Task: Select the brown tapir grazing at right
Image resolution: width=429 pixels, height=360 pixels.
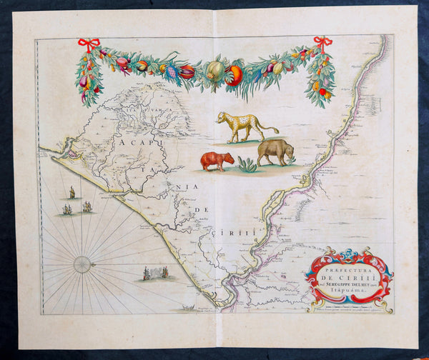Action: coord(275,151)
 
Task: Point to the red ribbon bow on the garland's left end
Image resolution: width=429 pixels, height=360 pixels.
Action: coord(89,44)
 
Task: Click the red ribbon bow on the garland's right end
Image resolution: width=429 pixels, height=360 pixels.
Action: coord(322,43)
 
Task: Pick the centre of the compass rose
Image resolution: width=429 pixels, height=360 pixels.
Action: coord(82,264)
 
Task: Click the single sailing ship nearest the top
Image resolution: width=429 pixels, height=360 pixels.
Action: coord(71,192)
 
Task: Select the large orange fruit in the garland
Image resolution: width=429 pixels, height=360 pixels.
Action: coord(234,75)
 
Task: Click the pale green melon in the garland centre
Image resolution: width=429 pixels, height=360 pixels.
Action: coord(215,70)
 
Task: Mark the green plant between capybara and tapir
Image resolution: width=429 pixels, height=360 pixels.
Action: coord(247,166)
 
